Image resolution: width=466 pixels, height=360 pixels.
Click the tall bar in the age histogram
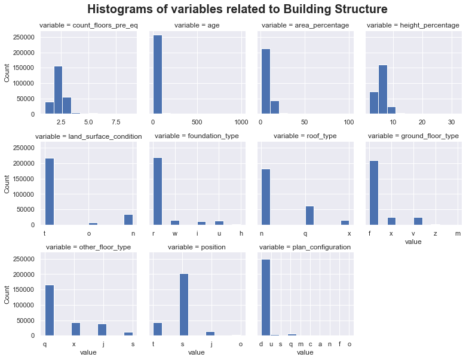click(x=158, y=74)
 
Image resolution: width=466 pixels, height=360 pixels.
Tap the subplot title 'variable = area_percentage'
click(x=305, y=25)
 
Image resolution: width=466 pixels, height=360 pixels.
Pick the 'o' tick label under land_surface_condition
click(x=89, y=234)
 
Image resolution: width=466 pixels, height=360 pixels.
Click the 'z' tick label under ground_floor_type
click(x=436, y=234)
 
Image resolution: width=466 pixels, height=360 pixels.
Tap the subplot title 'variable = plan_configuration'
click(x=305, y=247)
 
